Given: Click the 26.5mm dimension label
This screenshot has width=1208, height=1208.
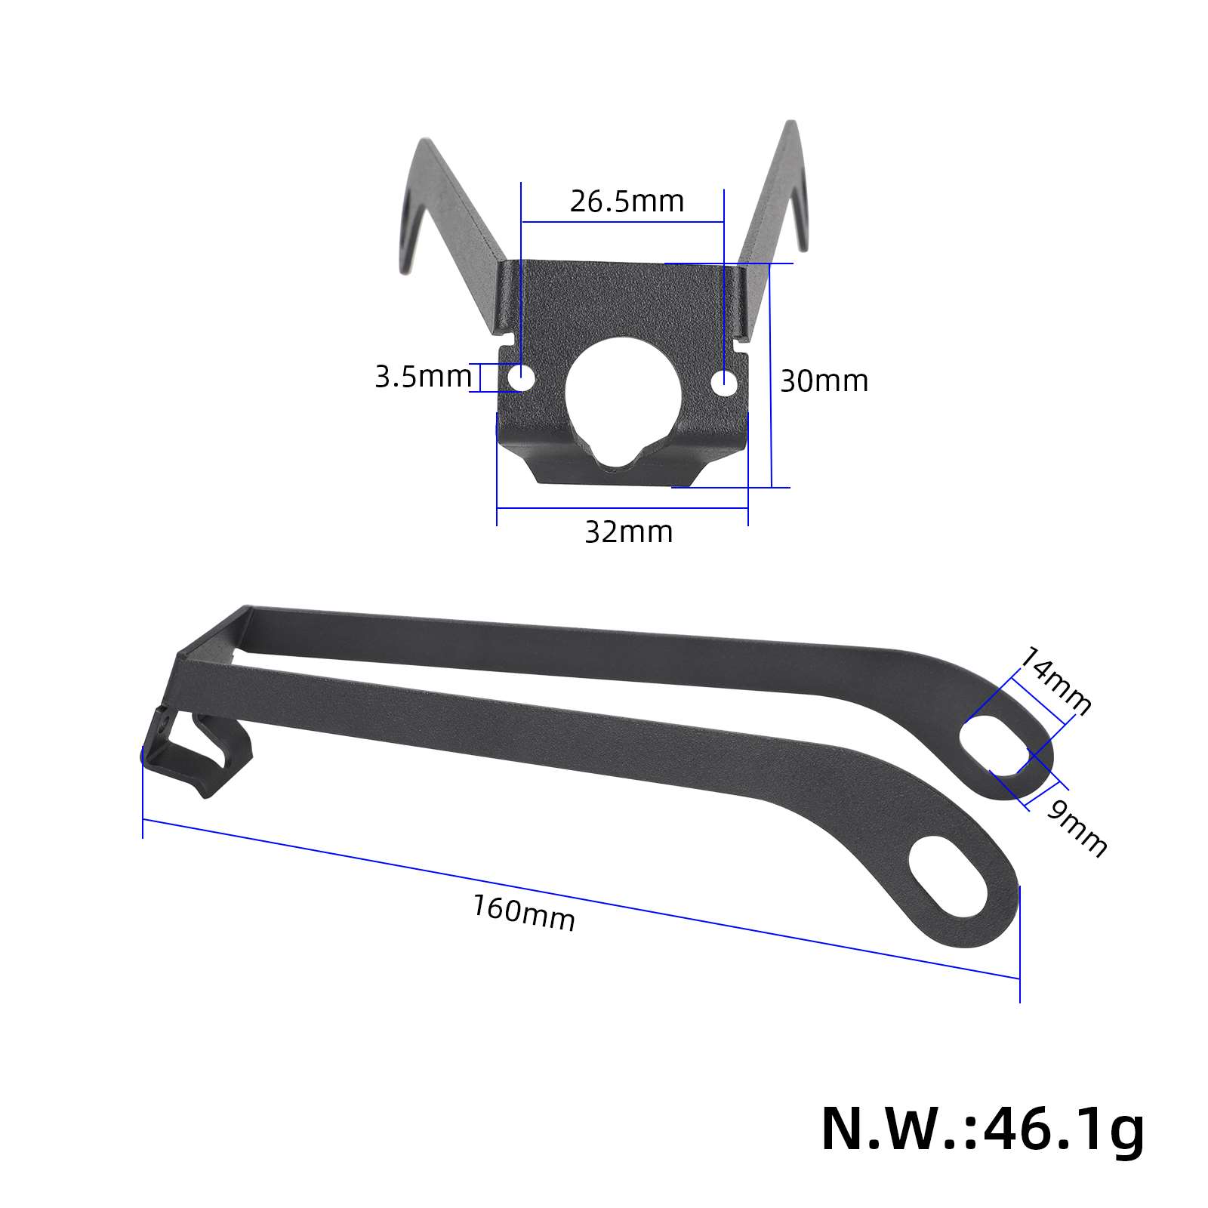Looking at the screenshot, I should coord(627,202).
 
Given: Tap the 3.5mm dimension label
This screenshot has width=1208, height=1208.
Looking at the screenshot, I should coord(423,376).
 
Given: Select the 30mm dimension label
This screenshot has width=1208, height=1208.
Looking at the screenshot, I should coord(824,381).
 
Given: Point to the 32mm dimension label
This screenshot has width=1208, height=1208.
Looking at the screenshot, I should coord(628,532).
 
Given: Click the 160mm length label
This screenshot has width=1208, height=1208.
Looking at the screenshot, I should coord(524,912).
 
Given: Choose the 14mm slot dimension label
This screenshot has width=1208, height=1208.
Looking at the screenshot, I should coord(1055,682).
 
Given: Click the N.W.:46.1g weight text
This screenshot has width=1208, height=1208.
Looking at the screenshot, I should coord(982,1128).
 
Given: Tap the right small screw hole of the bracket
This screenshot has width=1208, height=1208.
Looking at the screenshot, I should coord(724,382).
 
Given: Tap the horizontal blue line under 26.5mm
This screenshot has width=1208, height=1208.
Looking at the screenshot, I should coord(623,222).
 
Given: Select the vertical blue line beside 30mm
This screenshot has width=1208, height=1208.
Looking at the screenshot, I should coord(771,375).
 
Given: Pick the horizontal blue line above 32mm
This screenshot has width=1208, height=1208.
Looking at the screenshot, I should coord(622,507).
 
